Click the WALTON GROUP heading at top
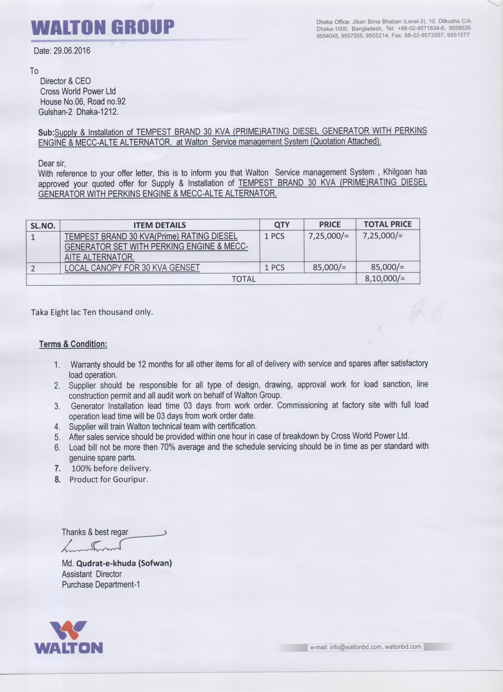coord(103,28)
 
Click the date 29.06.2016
coord(72,51)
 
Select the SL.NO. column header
coord(43,226)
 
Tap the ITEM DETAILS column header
coord(160,225)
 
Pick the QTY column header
coord(281,225)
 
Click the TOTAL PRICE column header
coord(388,224)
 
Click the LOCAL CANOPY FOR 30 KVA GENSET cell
coord(132,268)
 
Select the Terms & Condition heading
coord(73,344)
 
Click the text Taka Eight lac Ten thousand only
coord(91,312)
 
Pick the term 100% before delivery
coord(111,468)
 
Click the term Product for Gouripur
coord(109,479)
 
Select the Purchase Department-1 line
coord(101,585)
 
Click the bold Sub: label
coord(46,132)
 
